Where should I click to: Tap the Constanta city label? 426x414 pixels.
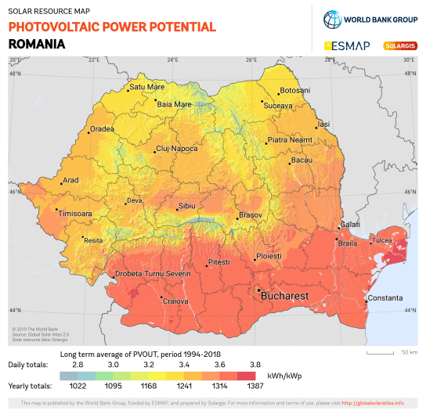(385, 298)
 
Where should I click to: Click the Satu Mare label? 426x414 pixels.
(148, 87)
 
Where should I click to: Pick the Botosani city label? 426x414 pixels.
(294, 91)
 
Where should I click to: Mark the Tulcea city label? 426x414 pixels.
(381, 240)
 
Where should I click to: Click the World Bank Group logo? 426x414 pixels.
(368, 20)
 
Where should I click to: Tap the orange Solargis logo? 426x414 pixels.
(399, 45)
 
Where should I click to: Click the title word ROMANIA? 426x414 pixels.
(36, 44)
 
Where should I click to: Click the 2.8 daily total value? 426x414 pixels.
(78, 365)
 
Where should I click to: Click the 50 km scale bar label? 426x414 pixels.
(409, 351)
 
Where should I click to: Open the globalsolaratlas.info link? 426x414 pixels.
(374, 403)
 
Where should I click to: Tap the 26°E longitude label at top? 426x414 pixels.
(252, 59)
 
